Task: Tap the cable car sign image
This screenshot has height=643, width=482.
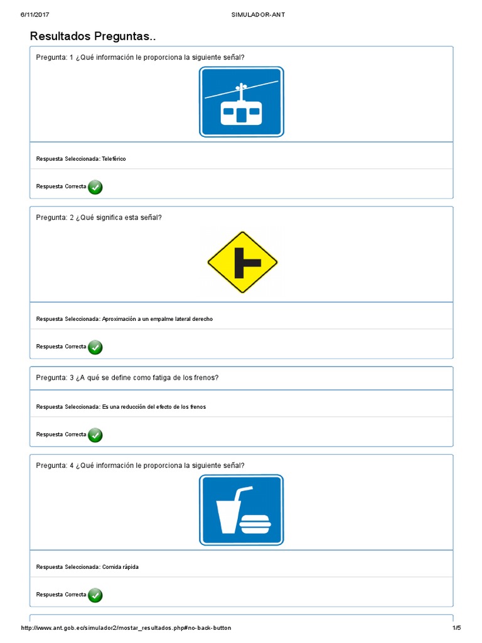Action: pyautogui.click(x=242, y=102)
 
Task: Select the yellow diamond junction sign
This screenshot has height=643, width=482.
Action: pyautogui.click(x=242, y=262)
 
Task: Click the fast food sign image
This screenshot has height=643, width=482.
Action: pyautogui.click(x=242, y=510)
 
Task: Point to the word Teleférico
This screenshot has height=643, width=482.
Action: pyautogui.click(x=114, y=159)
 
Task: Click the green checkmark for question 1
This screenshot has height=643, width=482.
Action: pyautogui.click(x=95, y=186)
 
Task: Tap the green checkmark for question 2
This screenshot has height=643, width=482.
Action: pyautogui.click(x=95, y=347)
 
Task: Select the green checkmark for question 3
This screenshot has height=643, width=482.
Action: pyautogui.click(x=95, y=435)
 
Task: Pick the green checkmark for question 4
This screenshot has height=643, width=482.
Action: pyautogui.click(x=95, y=595)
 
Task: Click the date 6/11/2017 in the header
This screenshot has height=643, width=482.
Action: pyautogui.click(x=35, y=14)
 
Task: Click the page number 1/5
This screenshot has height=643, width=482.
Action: pyautogui.click(x=456, y=628)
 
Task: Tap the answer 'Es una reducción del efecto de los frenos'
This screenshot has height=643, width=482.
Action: pyautogui.click(x=154, y=407)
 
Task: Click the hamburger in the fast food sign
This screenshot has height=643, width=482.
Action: pyautogui.click(x=257, y=522)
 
